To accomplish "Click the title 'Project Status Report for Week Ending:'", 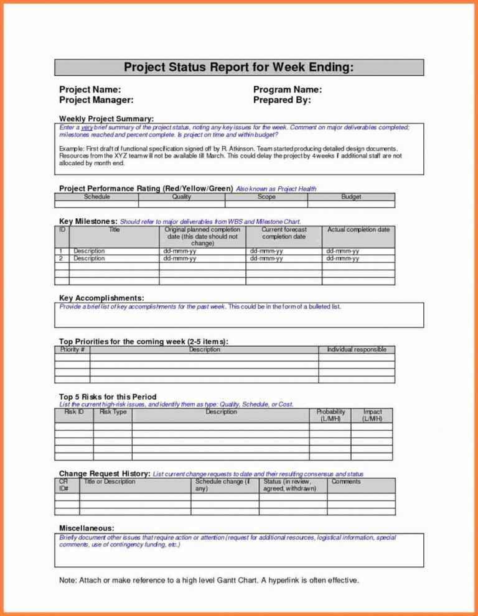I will point(239,67).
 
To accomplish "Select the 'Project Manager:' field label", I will point(96,99).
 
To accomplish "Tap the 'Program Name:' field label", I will point(288,90).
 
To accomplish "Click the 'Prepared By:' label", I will point(282,99).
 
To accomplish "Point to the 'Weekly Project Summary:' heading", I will point(106,119).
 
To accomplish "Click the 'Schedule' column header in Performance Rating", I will point(96,196).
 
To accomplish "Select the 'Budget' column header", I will point(351,196).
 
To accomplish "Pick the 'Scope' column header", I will point(266,196).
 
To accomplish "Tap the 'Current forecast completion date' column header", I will point(283,233).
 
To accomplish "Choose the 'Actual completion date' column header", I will point(358,229).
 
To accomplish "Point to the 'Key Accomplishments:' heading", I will point(101,298).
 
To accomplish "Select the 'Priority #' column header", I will point(72,349).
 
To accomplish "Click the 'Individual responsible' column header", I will point(357,349).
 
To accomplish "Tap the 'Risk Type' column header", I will point(113,411).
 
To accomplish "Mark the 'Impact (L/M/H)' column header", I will point(372,415).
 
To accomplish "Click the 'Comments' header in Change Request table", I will point(346,481).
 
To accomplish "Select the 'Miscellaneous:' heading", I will point(87,528).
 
